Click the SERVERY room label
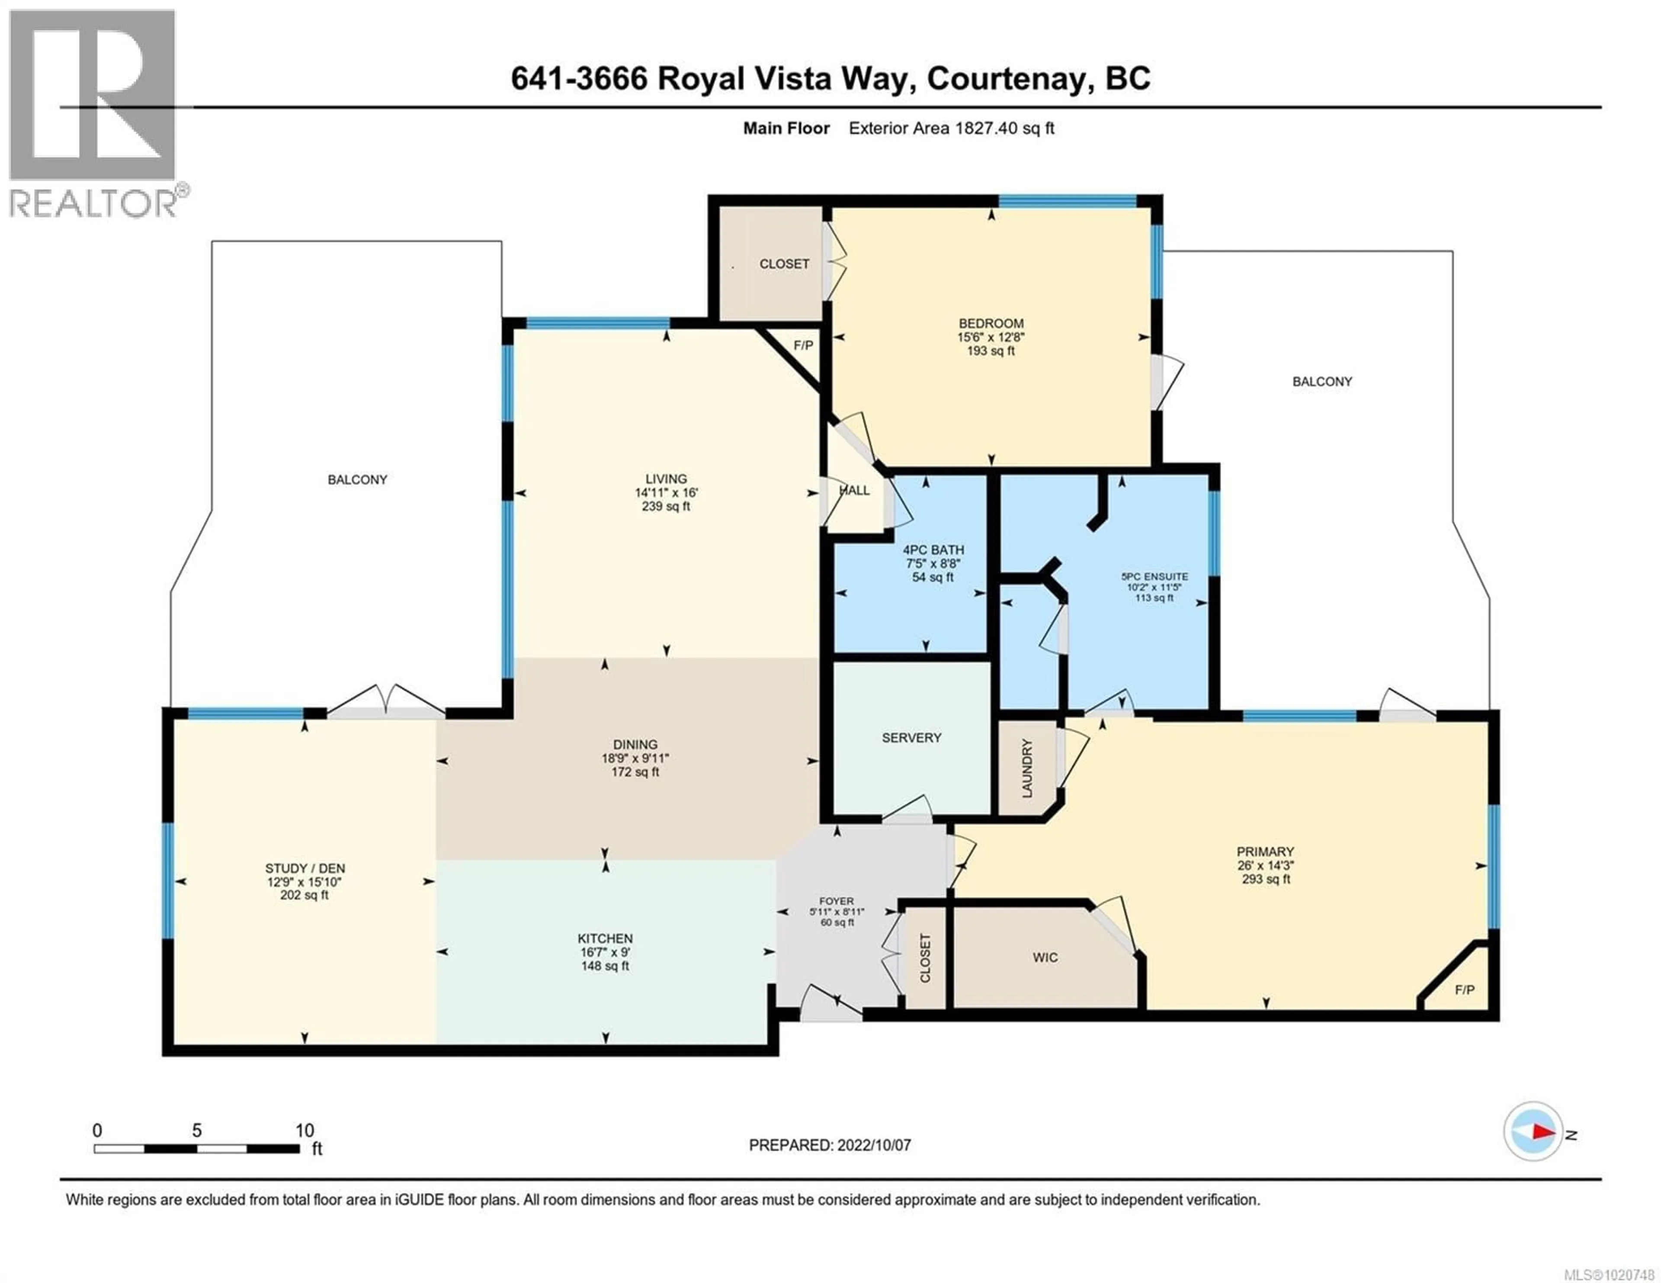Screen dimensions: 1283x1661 pos(911,738)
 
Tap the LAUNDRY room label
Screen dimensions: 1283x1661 pos(1027,768)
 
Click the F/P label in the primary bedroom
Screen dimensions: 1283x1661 pos(1464,989)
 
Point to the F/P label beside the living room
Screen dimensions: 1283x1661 pos(803,345)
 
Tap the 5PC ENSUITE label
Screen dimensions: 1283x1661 pos(1154,576)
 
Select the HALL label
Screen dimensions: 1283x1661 pos(855,490)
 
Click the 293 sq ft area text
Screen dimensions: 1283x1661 pos(1266,879)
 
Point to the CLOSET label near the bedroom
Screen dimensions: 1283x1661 pos(784,264)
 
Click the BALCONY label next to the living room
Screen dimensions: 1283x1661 pos(357,480)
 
